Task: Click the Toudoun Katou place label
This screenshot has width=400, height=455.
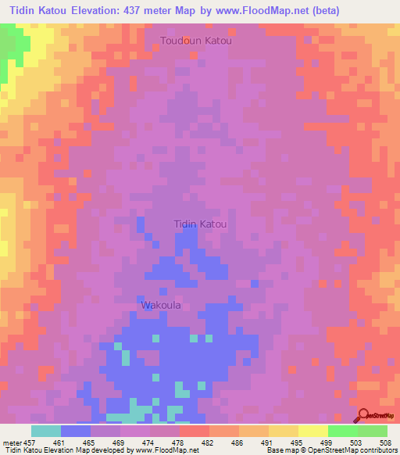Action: (196, 40)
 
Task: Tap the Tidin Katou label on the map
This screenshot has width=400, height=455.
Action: (200, 224)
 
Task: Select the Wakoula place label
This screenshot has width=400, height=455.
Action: (161, 305)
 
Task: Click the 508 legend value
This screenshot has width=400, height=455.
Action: (386, 442)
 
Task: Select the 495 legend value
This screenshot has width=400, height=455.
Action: (297, 442)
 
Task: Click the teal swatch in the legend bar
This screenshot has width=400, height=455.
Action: (45, 431)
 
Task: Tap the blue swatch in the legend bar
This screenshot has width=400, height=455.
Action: (75, 431)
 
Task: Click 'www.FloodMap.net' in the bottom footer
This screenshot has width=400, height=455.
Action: (166, 450)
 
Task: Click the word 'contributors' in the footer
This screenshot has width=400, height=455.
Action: (376, 450)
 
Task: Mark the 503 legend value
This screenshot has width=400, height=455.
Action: (357, 442)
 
